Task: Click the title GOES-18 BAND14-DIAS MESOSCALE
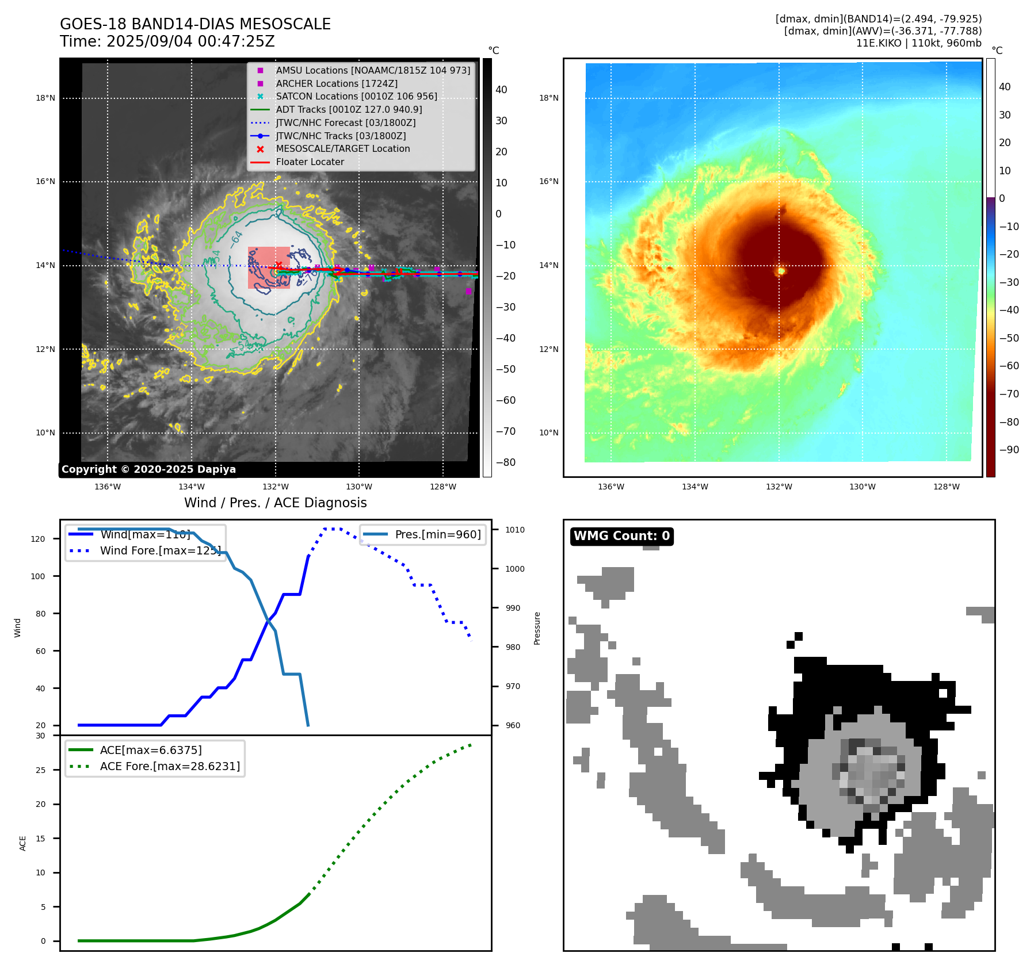point(195,24)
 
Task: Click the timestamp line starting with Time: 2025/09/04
point(167,41)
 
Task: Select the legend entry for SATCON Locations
point(356,97)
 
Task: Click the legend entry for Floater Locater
point(310,162)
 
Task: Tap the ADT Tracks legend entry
point(349,109)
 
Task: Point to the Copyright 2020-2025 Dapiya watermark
point(148,469)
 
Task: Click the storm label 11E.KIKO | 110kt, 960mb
point(918,43)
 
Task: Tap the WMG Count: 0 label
point(621,536)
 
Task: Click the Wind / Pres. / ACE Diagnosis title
point(275,503)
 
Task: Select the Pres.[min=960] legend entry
point(437,534)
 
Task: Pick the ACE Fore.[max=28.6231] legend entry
point(170,766)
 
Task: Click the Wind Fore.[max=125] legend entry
point(160,550)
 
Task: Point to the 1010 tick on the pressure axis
point(515,530)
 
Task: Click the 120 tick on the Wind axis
point(38,539)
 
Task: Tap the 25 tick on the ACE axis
point(40,770)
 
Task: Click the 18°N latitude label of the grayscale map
point(45,98)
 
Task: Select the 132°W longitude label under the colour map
point(779,487)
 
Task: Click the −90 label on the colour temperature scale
point(1009,450)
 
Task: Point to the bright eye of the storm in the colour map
point(781,270)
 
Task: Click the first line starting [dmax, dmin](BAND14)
point(878,19)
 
